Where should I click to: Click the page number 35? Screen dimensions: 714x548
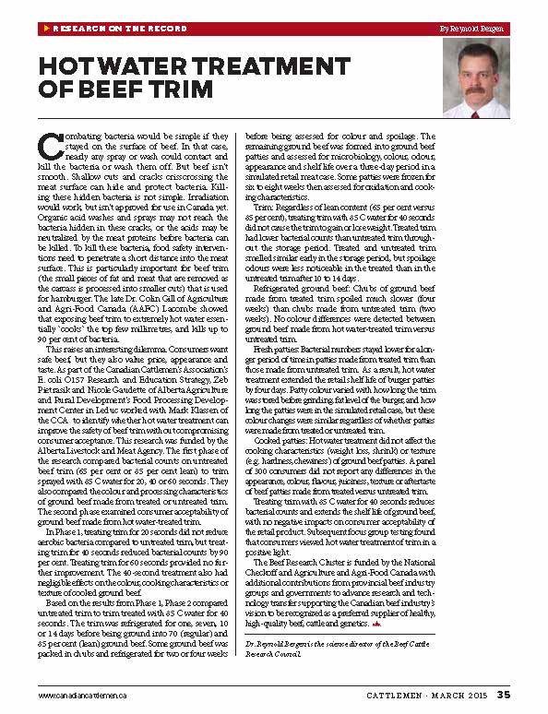click(x=504, y=694)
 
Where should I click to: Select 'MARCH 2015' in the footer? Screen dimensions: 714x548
click(x=464, y=694)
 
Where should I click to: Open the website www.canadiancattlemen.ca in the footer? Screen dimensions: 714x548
click(x=82, y=694)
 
